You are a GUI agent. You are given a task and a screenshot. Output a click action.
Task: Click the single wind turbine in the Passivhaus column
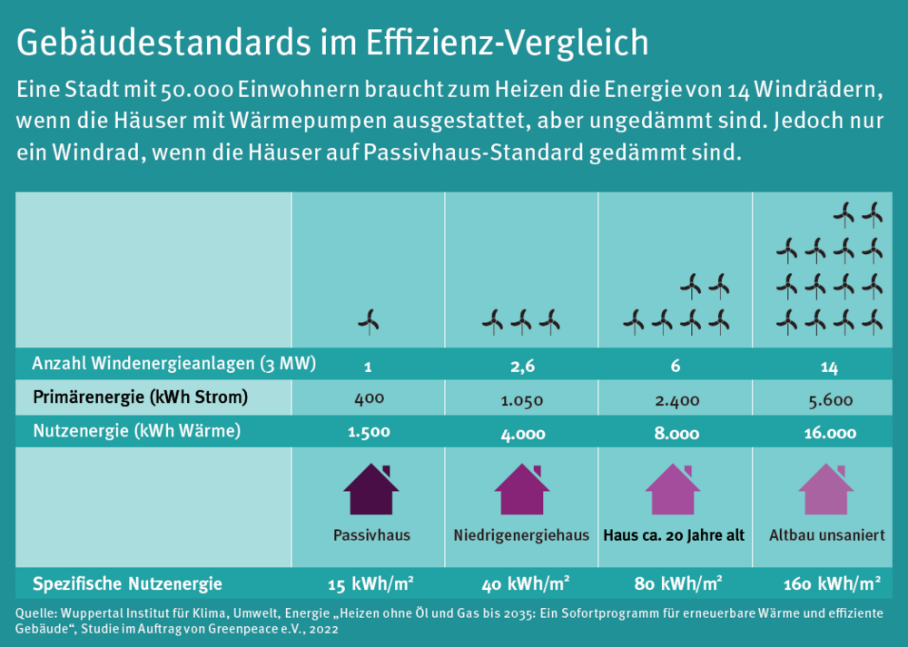pyautogui.click(x=369, y=320)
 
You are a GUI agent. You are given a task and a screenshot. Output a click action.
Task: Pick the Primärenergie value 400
pyautogui.click(x=370, y=398)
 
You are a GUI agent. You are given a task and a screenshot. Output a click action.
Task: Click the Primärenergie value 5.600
pyautogui.click(x=829, y=398)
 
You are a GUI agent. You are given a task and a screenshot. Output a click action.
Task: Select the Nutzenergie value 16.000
pyautogui.click(x=829, y=433)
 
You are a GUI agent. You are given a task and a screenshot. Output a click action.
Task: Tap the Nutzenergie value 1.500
pyautogui.click(x=369, y=433)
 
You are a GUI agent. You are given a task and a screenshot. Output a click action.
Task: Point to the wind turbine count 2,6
pyautogui.click(x=522, y=367)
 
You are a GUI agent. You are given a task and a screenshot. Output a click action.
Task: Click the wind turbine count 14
pyautogui.click(x=828, y=367)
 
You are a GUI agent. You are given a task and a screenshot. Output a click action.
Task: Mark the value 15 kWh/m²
pyautogui.click(x=370, y=583)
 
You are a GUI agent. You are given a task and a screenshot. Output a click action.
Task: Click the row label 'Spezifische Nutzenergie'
pyautogui.click(x=127, y=583)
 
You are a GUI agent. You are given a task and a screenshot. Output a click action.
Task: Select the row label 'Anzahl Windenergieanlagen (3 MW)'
pyautogui.click(x=173, y=365)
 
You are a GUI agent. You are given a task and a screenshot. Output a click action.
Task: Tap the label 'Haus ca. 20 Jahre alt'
pyautogui.click(x=674, y=535)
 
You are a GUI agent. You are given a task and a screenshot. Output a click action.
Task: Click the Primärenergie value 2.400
pyautogui.click(x=676, y=398)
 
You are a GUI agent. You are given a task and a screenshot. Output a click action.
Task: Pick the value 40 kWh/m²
pyautogui.click(x=524, y=583)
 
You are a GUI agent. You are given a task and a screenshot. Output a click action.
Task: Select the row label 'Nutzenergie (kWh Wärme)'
pyautogui.click(x=136, y=432)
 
